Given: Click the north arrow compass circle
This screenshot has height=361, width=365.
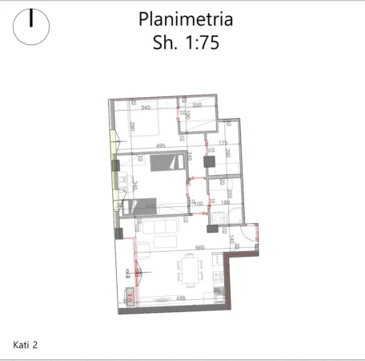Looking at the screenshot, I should (31, 26).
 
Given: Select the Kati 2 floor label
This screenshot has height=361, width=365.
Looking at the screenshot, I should (26, 345).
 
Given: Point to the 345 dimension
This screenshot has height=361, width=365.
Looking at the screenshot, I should (146, 107).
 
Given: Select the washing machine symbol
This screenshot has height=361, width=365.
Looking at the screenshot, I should (218, 217).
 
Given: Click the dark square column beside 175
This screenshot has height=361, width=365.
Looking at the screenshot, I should (210, 161).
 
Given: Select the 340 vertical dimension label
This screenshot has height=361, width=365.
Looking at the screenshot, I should (136, 186).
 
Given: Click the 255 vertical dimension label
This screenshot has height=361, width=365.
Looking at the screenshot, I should (229, 193).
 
